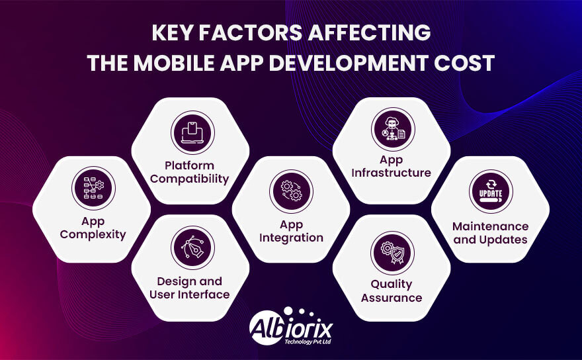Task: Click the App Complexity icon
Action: click(x=93, y=188)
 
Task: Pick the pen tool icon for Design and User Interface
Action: click(x=192, y=247)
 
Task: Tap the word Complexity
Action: click(x=92, y=235)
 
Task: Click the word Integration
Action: click(x=292, y=238)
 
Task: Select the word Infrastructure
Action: click(x=391, y=173)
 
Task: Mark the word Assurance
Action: click(x=392, y=298)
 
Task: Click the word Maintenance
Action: click(x=491, y=226)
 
